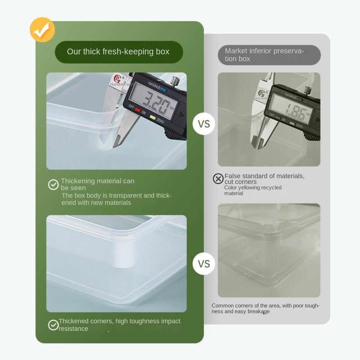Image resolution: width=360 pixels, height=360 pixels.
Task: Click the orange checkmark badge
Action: click(42, 30)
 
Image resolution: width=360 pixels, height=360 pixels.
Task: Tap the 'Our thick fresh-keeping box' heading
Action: click(118, 52)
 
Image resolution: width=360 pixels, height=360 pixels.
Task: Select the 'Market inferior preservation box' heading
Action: click(269, 55)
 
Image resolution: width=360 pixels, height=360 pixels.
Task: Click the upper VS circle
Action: click(204, 124)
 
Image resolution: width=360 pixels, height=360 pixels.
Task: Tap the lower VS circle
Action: click(204, 264)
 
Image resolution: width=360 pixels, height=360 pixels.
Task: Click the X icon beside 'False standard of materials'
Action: click(218, 179)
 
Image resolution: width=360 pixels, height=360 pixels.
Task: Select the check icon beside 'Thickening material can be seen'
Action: click(53, 185)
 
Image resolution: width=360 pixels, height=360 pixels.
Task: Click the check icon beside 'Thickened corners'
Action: click(53, 325)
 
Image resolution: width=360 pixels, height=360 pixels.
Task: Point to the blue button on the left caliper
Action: click(164, 90)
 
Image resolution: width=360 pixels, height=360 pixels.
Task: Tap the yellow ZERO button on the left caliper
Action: click(153, 117)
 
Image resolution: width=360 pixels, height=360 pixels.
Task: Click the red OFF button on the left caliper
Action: click(138, 110)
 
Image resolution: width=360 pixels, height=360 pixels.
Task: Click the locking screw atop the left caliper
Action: click(175, 80)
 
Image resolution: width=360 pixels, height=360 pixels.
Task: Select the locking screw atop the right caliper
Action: click(307, 90)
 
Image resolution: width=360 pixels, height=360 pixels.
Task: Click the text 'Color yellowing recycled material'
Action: click(253, 190)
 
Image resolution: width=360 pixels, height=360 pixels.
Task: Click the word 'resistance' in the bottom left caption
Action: click(73, 329)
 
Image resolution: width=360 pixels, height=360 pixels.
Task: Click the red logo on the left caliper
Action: click(117, 78)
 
